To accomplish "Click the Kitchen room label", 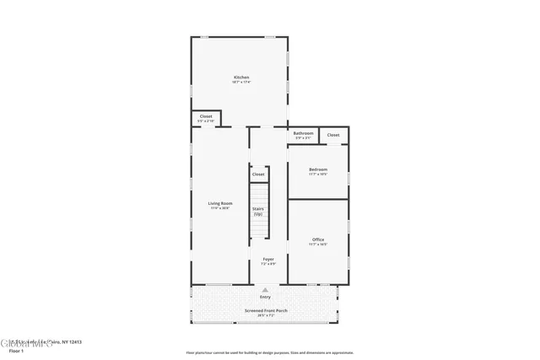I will click(x=241, y=78).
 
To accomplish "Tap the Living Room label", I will click(x=220, y=203).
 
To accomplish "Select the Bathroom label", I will click(x=304, y=133).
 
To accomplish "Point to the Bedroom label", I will click(x=318, y=169).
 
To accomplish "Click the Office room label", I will click(x=318, y=240).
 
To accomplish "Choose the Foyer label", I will click(x=268, y=259).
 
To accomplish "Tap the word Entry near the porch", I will click(x=266, y=297).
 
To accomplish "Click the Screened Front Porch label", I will click(x=266, y=311).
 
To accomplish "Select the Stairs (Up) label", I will click(x=258, y=212).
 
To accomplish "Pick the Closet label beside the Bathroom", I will click(x=333, y=135).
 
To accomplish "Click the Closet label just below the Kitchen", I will click(x=206, y=117).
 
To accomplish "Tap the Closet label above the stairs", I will click(x=258, y=174).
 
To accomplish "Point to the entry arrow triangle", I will click(x=266, y=289).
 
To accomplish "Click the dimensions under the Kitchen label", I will click(x=241, y=83).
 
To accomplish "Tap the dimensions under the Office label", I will click(x=318, y=245).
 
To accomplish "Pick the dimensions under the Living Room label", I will click(x=220, y=208).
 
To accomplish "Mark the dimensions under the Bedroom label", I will click(x=318, y=175).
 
